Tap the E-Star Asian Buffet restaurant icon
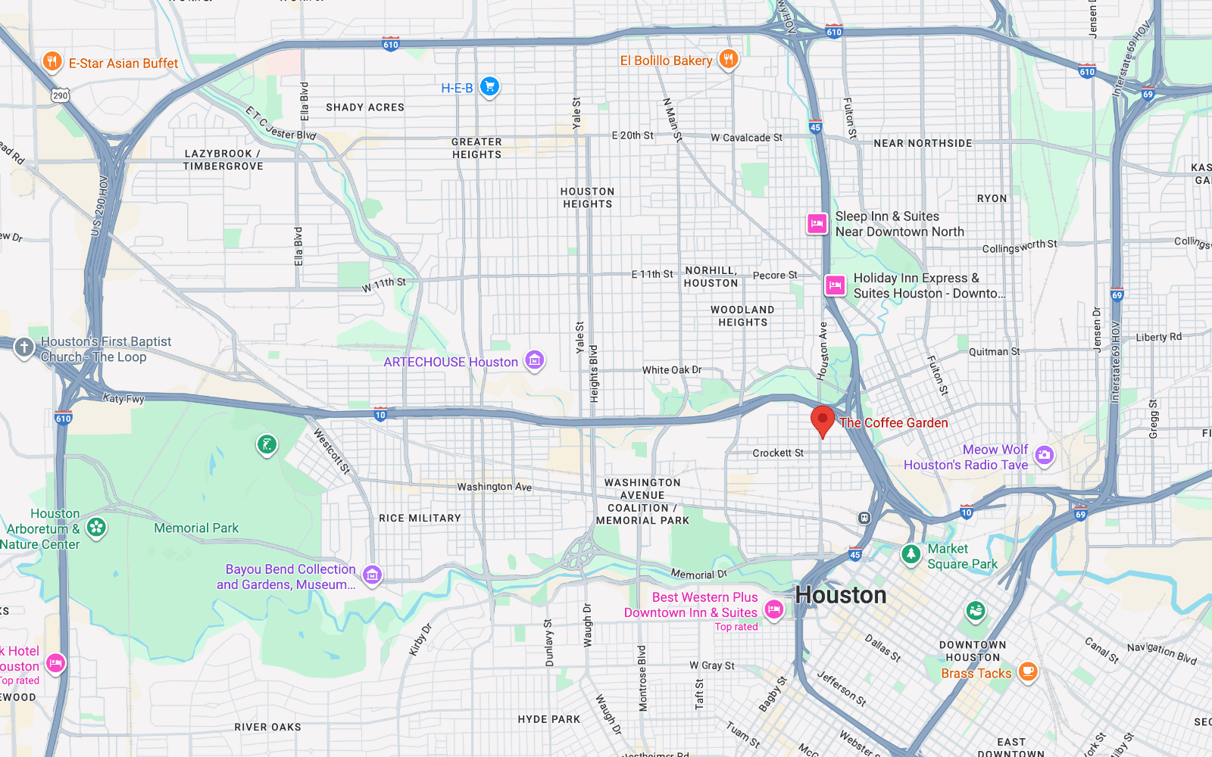52,61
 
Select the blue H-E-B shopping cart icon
489,86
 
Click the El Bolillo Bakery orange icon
728,59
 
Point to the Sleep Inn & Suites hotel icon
817,223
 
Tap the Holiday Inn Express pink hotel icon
835,285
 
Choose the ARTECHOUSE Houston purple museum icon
535,360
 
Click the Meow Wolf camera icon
1045,455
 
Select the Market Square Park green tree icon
911,554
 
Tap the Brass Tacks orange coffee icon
1027,671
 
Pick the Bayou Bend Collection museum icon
372,575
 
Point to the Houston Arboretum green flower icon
96,527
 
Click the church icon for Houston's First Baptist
24,347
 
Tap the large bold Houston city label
841,595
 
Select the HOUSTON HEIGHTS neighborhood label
587,198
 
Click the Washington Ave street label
494,487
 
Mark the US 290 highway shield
61,95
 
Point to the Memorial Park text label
196,528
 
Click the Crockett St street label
778,453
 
